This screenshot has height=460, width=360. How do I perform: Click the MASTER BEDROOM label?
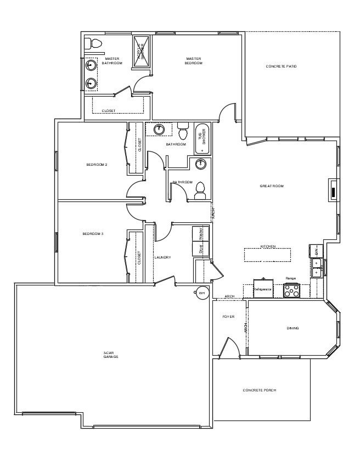pyautogui.click(x=194, y=60)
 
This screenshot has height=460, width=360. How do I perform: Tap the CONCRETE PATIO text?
pyautogui.click(x=281, y=66)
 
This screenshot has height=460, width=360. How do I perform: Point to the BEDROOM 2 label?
pyautogui.click(x=96, y=165)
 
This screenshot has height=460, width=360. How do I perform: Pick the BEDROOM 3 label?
pyautogui.click(x=93, y=234)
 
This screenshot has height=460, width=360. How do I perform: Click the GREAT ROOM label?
pyautogui.click(x=271, y=187)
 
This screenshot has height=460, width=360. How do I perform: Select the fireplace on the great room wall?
pyautogui.click(x=333, y=189)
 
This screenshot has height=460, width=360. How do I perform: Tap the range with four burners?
pyautogui.click(x=291, y=291)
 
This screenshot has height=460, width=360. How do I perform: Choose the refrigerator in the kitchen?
pyautogui.click(x=263, y=288)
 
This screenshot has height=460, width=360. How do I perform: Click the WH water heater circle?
pyautogui.click(x=201, y=293)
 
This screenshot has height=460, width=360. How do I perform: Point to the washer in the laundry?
pyautogui.click(x=201, y=233)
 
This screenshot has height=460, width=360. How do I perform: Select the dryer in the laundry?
pyautogui.click(x=201, y=248)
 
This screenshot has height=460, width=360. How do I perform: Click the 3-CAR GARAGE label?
pyautogui.click(x=111, y=355)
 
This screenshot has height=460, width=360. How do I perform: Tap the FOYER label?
pyautogui.click(x=228, y=317)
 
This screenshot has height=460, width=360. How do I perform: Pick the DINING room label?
pyautogui.click(x=292, y=328)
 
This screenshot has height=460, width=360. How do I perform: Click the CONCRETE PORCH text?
pyautogui.click(x=259, y=390)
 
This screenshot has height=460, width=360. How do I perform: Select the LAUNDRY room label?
pyautogui.click(x=163, y=257)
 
